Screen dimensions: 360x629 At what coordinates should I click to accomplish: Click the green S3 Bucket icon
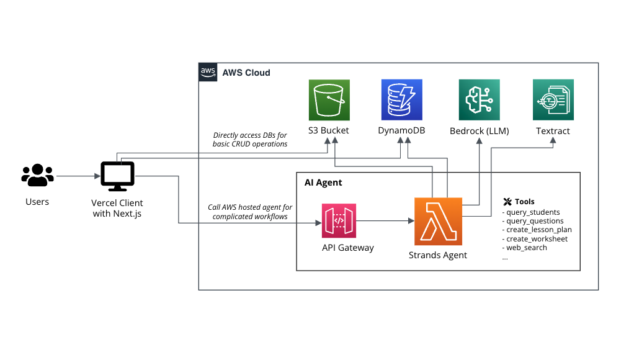[329, 99]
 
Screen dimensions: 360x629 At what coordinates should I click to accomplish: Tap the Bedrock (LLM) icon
[479, 99]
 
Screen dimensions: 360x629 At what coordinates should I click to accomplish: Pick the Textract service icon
[553, 99]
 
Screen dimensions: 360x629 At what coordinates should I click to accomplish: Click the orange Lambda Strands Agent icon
[438, 221]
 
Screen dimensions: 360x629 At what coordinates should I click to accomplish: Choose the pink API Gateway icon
[339, 221]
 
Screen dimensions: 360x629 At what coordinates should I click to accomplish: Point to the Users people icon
[37, 176]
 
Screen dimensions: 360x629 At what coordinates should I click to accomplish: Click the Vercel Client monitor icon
[117, 176]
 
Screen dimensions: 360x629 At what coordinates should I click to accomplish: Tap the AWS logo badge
[208, 72]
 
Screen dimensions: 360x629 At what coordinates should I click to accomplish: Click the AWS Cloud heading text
[246, 73]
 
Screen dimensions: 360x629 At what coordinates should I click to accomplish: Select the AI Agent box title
[323, 182]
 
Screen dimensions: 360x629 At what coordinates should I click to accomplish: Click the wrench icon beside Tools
[507, 202]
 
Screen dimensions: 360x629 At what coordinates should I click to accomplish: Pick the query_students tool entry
[533, 212]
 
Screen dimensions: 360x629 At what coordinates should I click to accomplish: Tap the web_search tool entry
[527, 248]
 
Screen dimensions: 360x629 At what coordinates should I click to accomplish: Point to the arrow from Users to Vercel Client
[77, 176]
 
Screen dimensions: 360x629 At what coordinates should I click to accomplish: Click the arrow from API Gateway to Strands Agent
[385, 221]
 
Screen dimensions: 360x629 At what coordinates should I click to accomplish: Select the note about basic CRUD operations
[250, 140]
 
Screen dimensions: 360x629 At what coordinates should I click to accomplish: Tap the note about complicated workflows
[250, 212]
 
